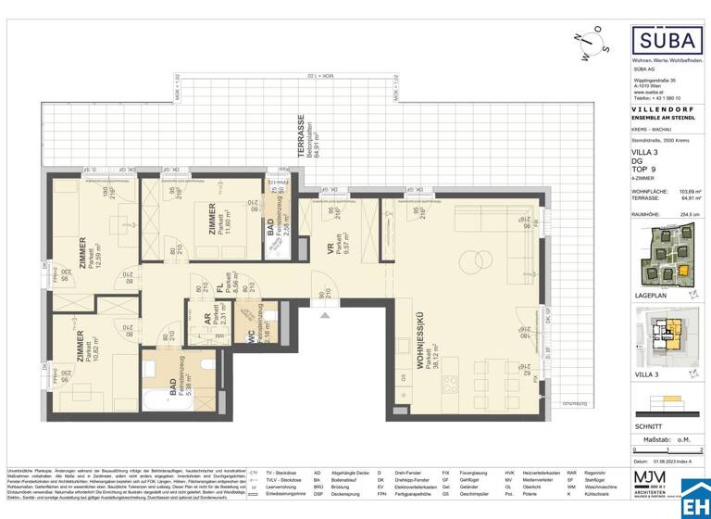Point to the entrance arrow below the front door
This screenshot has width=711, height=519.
pos(323,316)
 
